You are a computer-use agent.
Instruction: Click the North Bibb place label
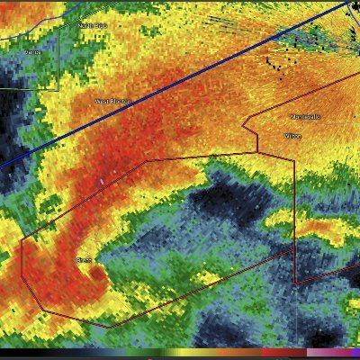point(93,25)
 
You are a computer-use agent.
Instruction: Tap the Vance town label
point(32,53)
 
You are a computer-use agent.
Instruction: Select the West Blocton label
point(112,102)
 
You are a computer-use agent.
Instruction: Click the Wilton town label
point(293,136)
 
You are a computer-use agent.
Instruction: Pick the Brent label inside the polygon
point(84,260)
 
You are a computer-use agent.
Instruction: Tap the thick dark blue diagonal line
point(180,90)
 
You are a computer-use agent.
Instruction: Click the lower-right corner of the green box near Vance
point(59,89)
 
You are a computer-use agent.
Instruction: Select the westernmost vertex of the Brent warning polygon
point(22,239)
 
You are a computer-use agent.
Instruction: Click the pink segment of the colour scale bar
point(319,352)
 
